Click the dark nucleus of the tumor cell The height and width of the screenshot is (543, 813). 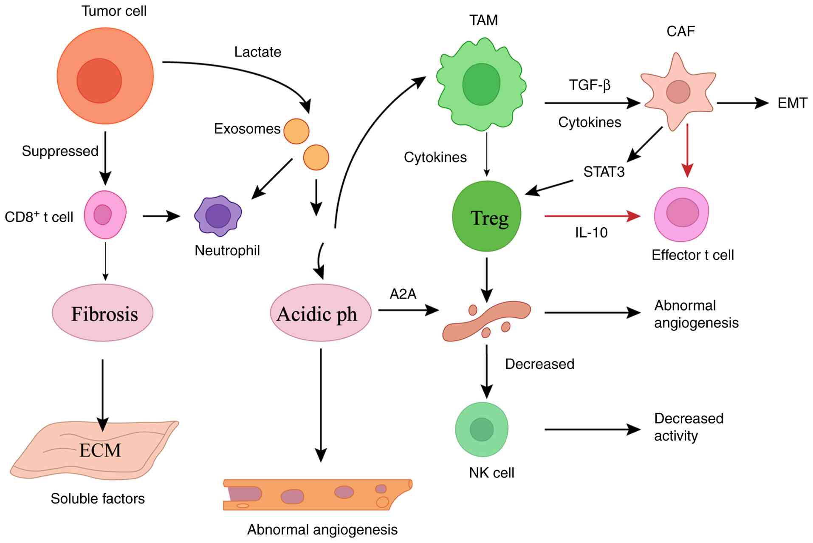pyautogui.click(x=99, y=81)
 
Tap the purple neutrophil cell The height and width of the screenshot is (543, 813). pyautogui.click(x=218, y=215)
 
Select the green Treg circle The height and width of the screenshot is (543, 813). pyautogui.click(x=487, y=216)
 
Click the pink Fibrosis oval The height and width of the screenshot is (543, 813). pyautogui.click(x=103, y=313)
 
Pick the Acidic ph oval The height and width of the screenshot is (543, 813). pyautogui.click(x=321, y=313)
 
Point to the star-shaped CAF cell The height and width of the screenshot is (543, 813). pyautogui.click(x=678, y=92)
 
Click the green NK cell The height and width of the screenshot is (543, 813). pyautogui.click(x=482, y=429)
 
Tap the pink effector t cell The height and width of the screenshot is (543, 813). pyautogui.click(x=682, y=214)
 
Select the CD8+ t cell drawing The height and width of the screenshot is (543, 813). pyautogui.click(x=105, y=215)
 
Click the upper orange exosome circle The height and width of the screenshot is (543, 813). pyautogui.click(x=296, y=131)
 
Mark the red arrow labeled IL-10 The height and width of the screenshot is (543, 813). pyautogui.click(x=592, y=216)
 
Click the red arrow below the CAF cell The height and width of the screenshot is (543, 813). pyautogui.click(x=687, y=150)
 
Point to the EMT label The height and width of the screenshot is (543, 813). pyautogui.click(x=792, y=103)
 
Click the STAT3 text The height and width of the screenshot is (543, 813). pyautogui.click(x=604, y=172)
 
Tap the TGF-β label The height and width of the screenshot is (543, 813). pyautogui.click(x=590, y=85)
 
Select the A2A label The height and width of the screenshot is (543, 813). pyautogui.click(x=403, y=294)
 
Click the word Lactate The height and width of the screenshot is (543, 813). pyautogui.click(x=258, y=52)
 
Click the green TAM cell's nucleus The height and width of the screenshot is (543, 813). pyautogui.click(x=481, y=84)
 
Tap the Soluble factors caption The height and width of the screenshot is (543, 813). pyautogui.click(x=98, y=498)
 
